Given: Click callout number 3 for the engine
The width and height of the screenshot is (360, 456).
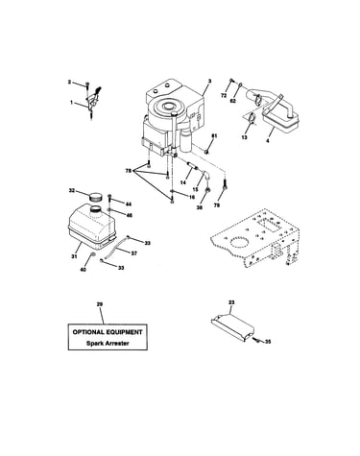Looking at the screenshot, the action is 209,82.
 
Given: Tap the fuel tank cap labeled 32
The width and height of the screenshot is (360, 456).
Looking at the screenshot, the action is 95,196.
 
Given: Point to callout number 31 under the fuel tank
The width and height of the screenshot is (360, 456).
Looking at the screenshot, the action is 74,256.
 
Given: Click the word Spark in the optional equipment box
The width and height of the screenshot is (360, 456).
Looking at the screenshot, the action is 94,344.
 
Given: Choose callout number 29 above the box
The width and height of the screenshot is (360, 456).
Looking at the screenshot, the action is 100,304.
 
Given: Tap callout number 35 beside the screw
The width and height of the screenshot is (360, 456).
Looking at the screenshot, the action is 268,342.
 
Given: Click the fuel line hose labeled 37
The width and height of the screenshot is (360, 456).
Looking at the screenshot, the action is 115,249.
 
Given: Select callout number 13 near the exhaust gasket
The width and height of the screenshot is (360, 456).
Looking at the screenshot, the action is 244,137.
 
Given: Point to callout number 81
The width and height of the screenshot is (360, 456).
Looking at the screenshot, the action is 214,136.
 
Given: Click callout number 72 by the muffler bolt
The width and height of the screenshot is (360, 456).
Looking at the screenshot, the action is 224,96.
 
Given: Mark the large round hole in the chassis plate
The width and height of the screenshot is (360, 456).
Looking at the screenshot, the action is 239,243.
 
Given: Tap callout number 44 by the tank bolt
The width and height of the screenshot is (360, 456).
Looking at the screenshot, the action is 129,204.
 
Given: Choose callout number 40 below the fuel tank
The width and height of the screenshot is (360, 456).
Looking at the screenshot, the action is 83,270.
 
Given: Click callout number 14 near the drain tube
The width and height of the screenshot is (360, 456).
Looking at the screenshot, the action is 182,182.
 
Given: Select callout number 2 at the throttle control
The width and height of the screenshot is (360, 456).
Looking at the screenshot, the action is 69,82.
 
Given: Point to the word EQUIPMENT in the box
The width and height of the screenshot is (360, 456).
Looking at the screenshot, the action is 123,332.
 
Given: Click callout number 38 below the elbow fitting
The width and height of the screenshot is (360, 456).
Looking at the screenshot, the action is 200,207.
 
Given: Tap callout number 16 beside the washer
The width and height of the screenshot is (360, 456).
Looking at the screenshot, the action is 191,198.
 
